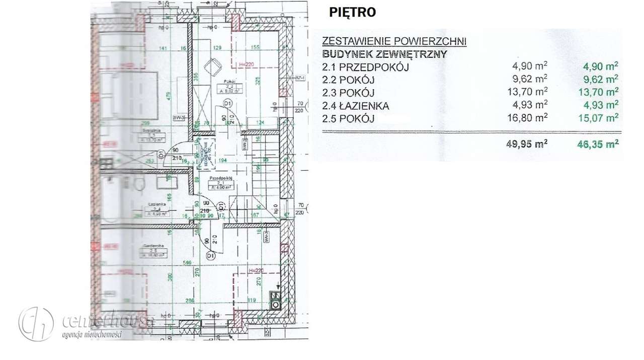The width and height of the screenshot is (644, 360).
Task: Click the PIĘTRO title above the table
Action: point(352,13)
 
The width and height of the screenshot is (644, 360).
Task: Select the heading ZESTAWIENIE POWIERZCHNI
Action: point(394,41)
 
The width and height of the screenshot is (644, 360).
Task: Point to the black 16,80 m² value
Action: point(530,118)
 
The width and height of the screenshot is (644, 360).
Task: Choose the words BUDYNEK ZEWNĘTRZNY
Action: point(384,54)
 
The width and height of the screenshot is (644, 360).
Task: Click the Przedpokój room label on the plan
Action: point(220,178)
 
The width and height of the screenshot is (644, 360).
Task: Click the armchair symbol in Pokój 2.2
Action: point(213,65)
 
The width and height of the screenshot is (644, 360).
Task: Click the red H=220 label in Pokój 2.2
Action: point(247,64)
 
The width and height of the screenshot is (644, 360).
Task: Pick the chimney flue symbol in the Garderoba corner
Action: point(275,300)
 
